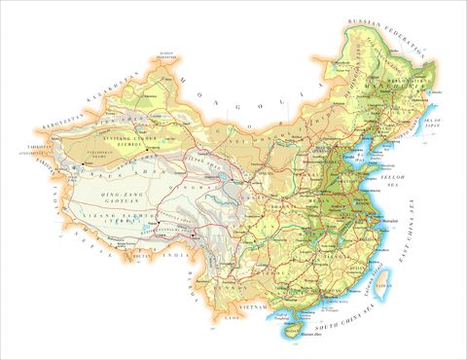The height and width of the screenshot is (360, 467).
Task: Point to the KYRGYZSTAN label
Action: point(42,127)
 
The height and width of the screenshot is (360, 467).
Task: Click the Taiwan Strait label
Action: point(369,282)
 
